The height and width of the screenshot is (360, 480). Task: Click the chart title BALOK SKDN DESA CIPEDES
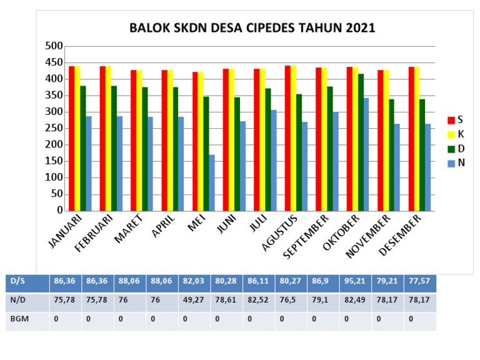(x=252, y=28)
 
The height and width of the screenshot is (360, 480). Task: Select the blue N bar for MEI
(x=212, y=182)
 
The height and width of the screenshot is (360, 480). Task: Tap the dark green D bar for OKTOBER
(x=361, y=142)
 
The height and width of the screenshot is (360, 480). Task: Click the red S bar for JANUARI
(x=72, y=138)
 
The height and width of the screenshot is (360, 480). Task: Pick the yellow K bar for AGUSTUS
(x=294, y=138)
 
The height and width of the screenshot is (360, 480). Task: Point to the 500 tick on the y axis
(x=55, y=46)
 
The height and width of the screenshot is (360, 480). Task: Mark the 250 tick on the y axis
(x=55, y=128)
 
